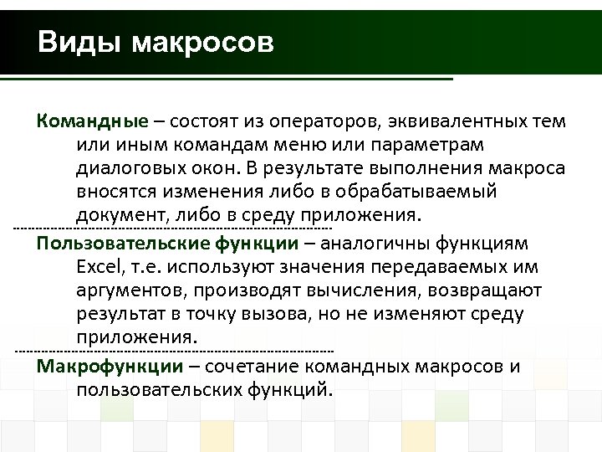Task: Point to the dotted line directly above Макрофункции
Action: [x=175, y=349]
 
